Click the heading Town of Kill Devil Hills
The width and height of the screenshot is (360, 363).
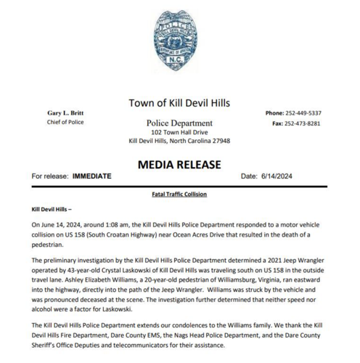click(x=179, y=103)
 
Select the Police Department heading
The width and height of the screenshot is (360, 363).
click(x=179, y=123)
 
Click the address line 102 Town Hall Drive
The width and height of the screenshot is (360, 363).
click(x=179, y=133)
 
